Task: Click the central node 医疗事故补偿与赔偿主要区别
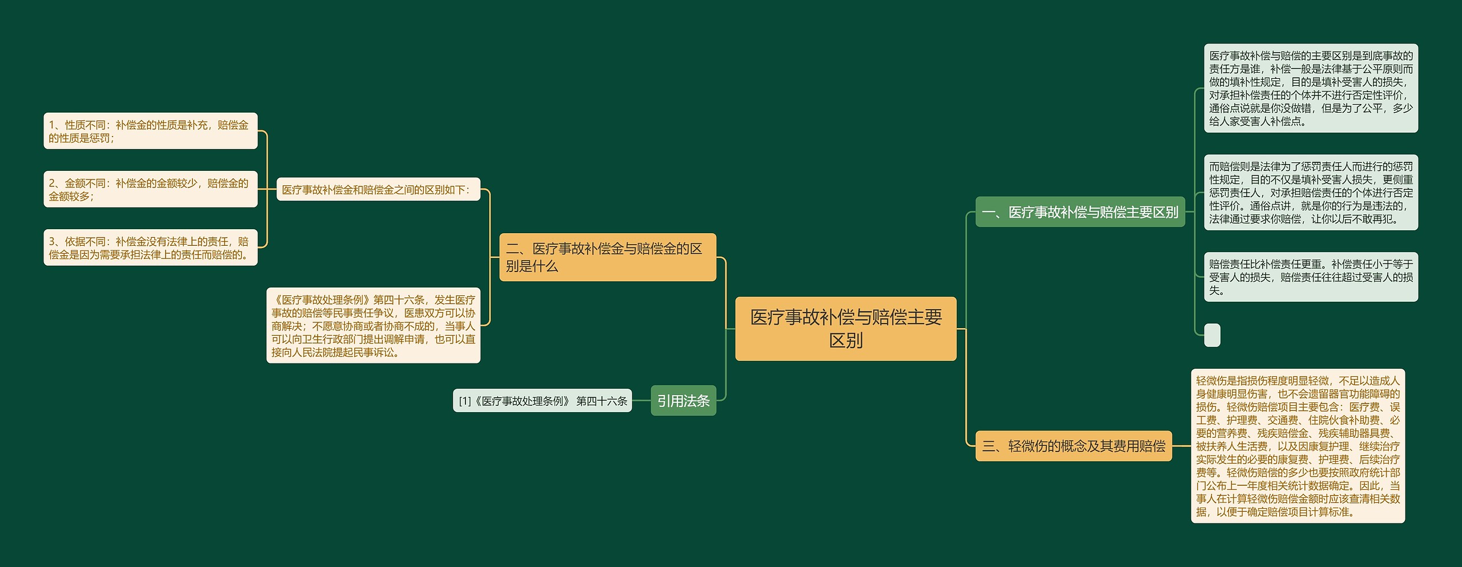click(x=845, y=328)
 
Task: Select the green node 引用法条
click(x=683, y=401)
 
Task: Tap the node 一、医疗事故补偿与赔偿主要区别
click(x=1079, y=212)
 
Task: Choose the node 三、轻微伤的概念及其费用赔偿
click(x=1073, y=446)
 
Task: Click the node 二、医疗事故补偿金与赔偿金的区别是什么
click(x=607, y=257)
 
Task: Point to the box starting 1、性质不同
click(x=150, y=131)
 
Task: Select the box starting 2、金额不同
click(x=150, y=189)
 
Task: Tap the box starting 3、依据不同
click(x=150, y=247)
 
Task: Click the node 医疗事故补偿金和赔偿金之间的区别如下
click(x=378, y=189)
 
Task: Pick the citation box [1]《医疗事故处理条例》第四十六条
click(x=542, y=401)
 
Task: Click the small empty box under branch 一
click(x=1212, y=335)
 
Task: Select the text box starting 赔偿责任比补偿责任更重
click(x=1311, y=277)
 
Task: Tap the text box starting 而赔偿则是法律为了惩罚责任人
click(x=1311, y=193)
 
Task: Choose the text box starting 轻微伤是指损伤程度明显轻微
click(x=1298, y=446)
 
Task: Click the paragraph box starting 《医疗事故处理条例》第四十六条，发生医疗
click(x=373, y=325)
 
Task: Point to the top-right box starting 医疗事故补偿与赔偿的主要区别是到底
click(x=1311, y=88)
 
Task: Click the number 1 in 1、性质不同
click(x=51, y=125)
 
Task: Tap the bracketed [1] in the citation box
click(x=465, y=401)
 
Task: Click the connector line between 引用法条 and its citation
click(x=641, y=401)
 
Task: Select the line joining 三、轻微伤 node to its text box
click(x=1182, y=446)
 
